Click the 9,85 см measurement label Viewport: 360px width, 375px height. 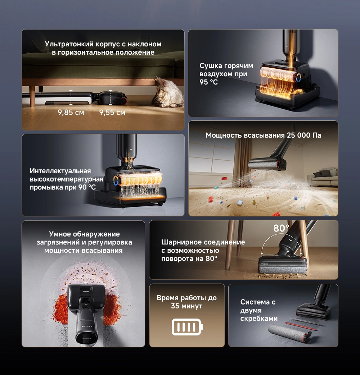pyautogui.click(x=71, y=112)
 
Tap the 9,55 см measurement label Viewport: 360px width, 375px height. pyautogui.click(x=112, y=112)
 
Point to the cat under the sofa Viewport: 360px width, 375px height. pyautogui.click(x=168, y=92)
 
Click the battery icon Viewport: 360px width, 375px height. pyautogui.click(x=187, y=327)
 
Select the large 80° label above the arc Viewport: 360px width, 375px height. pyautogui.click(x=281, y=228)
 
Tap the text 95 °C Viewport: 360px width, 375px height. pyautogui.click(x=209, y=82)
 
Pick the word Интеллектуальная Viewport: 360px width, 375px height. pyautogui.click(x=60, y=171)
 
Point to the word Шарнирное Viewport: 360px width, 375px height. pyautogui.click(x=180, y=242)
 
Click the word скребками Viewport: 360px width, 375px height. pyautogui.click(x=259, y=319)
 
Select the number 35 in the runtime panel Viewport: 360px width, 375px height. pyautogui.click(x=175, y=306)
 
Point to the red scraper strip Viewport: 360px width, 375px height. pyautogui.click(x=301, y=326)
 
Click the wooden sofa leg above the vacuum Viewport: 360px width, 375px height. pyautogui.click(x=32, y=96)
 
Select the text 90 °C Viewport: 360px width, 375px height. pyautogui.click(x=87, y=187)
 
